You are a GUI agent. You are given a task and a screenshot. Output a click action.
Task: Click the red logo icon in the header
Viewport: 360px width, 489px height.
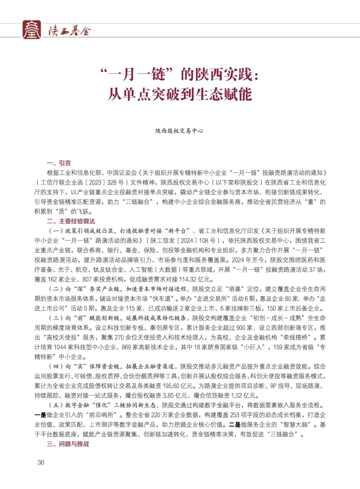click(x=32, y=30)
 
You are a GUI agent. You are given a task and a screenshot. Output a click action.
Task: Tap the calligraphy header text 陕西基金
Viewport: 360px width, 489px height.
click(x=69, y=31)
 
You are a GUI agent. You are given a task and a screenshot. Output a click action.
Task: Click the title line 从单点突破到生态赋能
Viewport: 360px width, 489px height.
click(x=180, y=94)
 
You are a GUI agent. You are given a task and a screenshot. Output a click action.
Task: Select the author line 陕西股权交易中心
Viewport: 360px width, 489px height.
click(x=179, y=131)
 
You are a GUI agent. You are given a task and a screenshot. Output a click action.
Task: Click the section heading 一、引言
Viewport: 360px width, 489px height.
click(x=59, y=163)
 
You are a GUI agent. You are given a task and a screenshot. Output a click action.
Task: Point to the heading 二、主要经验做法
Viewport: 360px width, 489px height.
click(x=71, y=221)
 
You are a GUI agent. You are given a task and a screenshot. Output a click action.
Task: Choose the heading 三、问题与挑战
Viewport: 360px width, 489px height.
click(x=68, y=444)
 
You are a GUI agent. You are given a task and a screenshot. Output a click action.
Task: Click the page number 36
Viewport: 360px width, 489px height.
click(x=41, y=463)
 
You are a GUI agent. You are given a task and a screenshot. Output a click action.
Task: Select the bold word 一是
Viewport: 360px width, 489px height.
click(x=40, y=415)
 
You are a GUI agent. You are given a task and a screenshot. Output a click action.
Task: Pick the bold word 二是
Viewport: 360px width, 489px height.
click(x=235, y=425)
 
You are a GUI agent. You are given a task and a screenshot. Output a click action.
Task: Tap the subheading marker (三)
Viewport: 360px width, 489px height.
click(x=56, y=318)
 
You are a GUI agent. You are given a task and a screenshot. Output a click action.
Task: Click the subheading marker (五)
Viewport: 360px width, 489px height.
click(x=56, y=405)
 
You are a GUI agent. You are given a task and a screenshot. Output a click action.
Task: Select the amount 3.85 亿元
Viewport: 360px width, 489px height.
click(x=175, y=396)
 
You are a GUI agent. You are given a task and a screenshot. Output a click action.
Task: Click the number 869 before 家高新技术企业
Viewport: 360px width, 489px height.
click(x=126, y=347)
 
